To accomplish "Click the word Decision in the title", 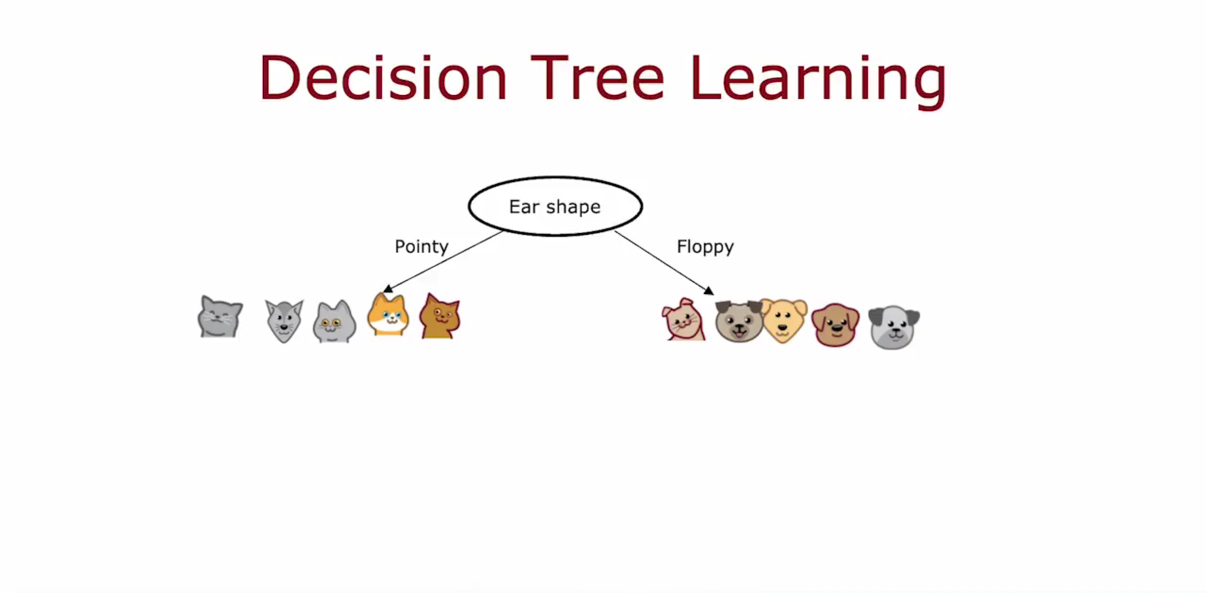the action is point(383,77).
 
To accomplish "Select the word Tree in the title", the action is point(598,77).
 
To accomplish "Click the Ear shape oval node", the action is point(555,206).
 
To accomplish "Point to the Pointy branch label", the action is point(422,247).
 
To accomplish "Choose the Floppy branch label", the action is point(705,247).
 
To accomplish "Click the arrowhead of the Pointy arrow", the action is point(387,289).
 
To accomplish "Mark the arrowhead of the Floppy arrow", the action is point(709,290).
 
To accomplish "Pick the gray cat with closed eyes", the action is point(220,317).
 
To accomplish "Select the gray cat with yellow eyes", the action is point(334,321).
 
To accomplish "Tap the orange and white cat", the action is point(388,314).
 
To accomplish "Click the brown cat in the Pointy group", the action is point(440,316).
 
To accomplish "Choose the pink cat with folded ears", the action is point(684,319).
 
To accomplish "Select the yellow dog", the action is point(783,320).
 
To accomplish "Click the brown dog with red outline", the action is point(835,325).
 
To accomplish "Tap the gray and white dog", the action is point(894,327).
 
